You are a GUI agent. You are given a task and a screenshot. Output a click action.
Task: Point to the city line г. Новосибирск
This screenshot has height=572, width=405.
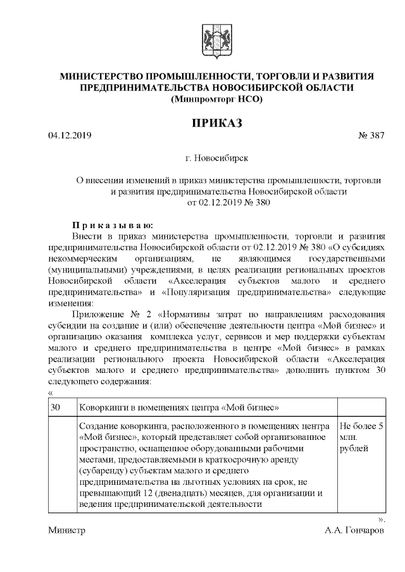coord(216,155)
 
